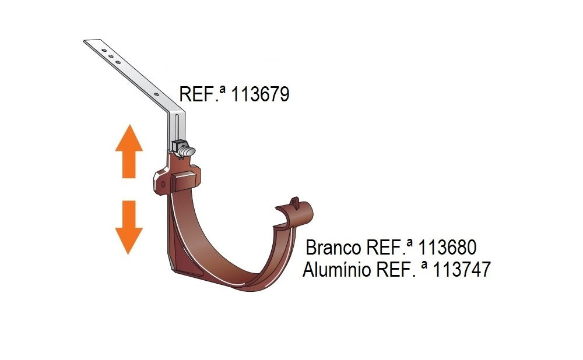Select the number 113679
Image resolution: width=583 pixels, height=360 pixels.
tap(260, 94)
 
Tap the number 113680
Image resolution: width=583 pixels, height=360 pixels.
tap(447, 248)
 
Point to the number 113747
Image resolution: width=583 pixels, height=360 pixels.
tap(461, 270)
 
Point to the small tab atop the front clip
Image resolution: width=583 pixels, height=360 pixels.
tap(295, 202)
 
